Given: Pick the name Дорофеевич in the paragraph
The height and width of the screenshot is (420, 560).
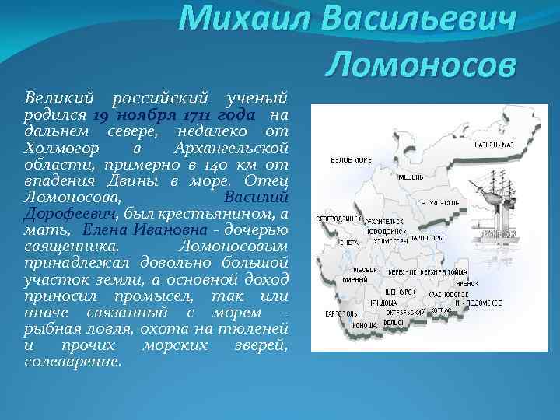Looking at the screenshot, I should click(x=71, y=213).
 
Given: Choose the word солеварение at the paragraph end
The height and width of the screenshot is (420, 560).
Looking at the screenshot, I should click(x=73, y=361).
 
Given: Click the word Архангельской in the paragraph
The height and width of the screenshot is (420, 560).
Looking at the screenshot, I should click(x=230, y=148).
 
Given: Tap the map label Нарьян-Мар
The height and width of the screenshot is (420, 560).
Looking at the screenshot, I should click(x=495, y=145).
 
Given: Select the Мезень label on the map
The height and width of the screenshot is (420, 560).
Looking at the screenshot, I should click(x=411, y=176).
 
